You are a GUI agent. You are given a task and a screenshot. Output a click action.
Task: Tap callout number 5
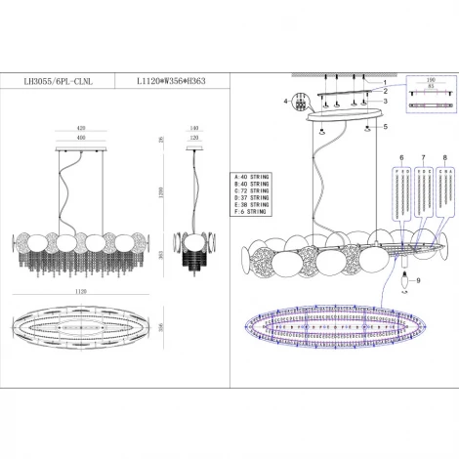point(387,127)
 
